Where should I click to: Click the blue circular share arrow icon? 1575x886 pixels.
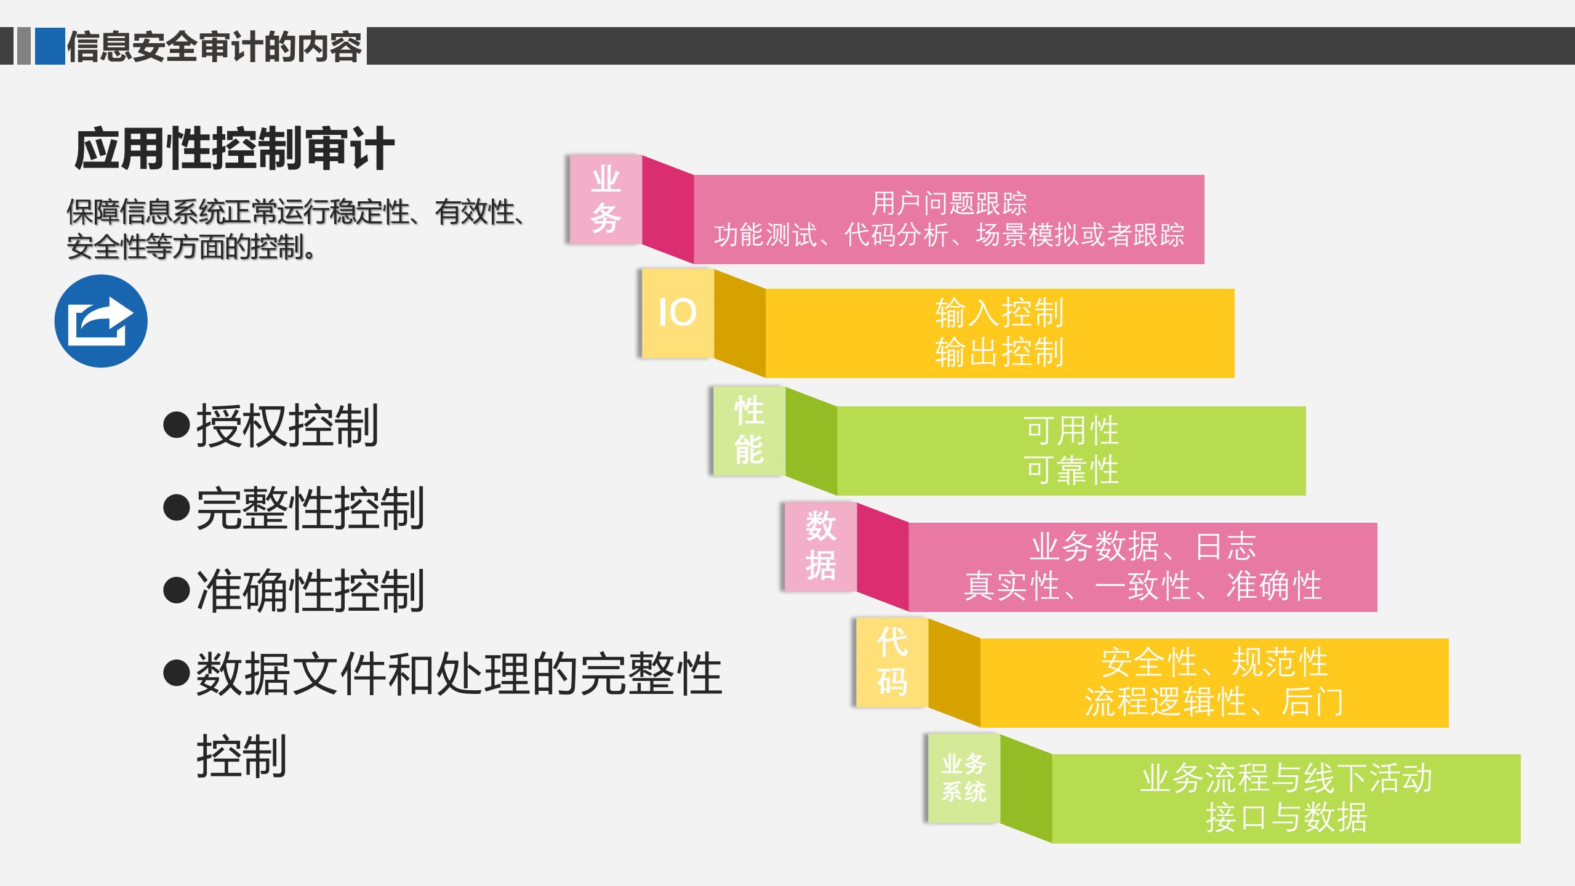[x=101, y=321]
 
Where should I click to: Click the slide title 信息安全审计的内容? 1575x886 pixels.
[x=214, y=47]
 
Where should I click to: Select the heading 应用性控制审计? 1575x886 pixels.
[x=234, y=149]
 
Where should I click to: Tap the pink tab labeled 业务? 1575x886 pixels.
[x=606, y=199]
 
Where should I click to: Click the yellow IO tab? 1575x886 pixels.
[x=677, y=313]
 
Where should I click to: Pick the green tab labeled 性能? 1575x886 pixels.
[x=749, y=430]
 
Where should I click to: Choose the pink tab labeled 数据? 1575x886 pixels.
[x=820, y=546]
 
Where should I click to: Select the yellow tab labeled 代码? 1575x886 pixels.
[x=892, y=662]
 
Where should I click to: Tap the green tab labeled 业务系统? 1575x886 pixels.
[x=964, y=778]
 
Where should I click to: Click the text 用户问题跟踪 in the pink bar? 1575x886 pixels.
[x=949, y=203]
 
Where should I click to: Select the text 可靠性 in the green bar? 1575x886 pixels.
[x=1072, y=470]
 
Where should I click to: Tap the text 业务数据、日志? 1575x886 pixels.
[x=1143, y=546]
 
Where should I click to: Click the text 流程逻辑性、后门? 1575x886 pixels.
[x=1214, y=702]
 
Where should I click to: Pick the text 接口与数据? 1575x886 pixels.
[x=1286, y=818]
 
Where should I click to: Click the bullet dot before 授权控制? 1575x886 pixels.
[x=177, y=425]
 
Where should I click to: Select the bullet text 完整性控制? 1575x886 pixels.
[x=310, y=509]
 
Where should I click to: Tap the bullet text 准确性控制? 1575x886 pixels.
[x=310, y=591]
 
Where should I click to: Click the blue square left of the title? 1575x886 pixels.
[x=50, y=46]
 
